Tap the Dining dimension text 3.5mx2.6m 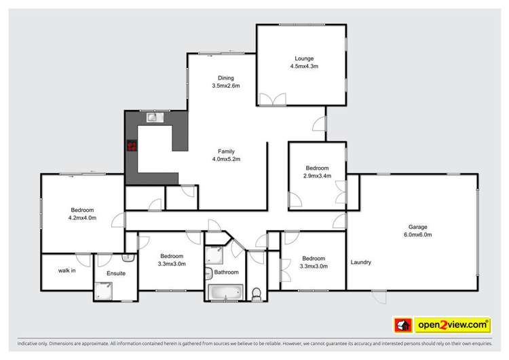coord(225,86)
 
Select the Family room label coord(226,151)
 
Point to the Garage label coord(418,227)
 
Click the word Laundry coord(361,263)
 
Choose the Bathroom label coord(226,272)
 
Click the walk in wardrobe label coord(67,270)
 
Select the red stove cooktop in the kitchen coord(131,144)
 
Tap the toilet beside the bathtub coord(256,293)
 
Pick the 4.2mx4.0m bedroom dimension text coord(82,218)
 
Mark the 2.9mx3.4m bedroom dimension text coord(317,176)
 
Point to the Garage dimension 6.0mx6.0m coord(418,235)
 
